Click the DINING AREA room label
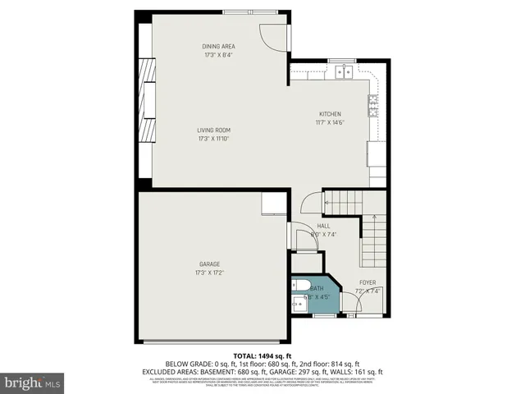point(219,47)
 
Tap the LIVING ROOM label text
point(213,130)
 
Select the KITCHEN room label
point(331,114)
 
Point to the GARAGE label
point(210,263)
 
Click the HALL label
point(323,226)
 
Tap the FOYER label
point(367,282)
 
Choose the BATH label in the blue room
point(317,288)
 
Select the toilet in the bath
point(299,286)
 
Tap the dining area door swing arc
point(273,33)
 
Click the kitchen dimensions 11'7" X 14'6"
point(330,123)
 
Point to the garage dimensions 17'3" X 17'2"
point(210,273)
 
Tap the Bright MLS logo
point(33,382)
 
